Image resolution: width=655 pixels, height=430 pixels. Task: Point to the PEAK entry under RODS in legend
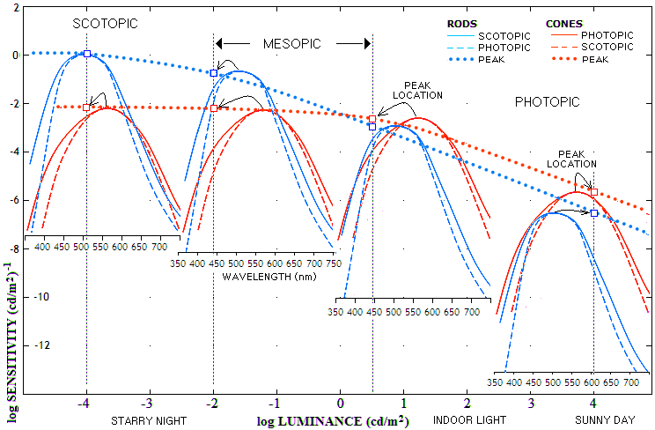point(492,59)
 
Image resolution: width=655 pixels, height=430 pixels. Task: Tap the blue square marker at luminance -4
point(86,54)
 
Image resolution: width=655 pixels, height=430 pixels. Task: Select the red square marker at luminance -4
point(86,107)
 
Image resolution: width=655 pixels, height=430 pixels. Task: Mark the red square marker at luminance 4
point(594,192)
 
